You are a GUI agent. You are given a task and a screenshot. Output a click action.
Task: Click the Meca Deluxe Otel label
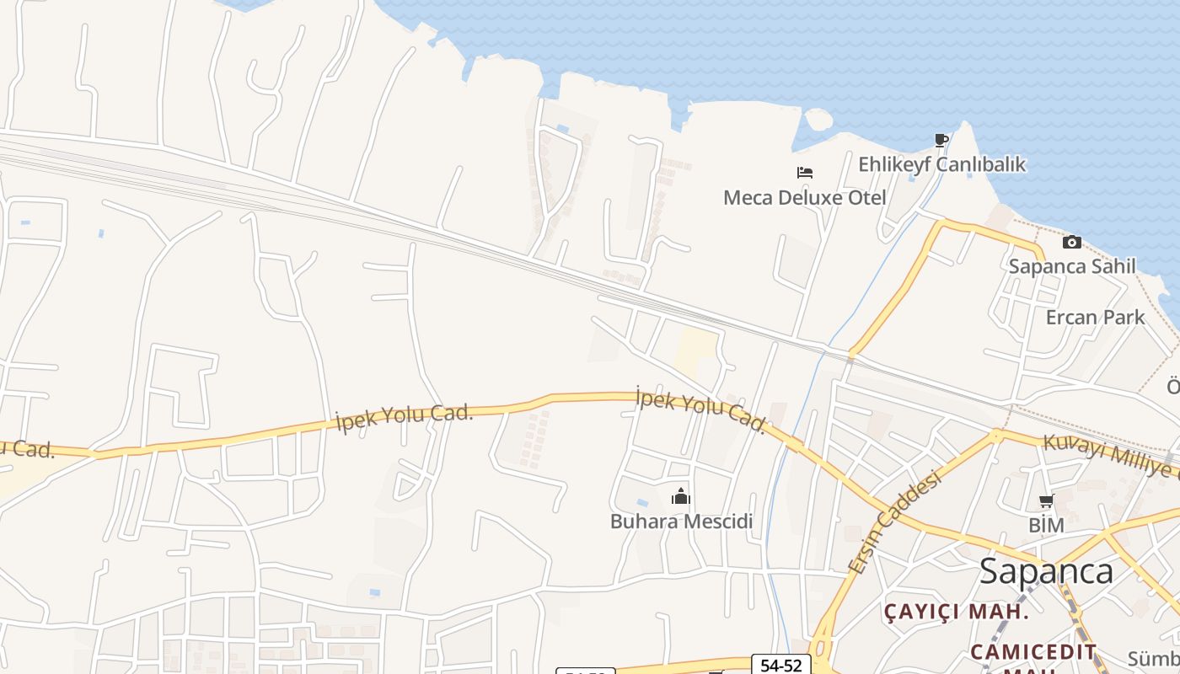click(x=804, y=198)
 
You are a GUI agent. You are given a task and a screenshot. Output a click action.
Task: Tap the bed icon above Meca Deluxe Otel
click(x=805, y=173)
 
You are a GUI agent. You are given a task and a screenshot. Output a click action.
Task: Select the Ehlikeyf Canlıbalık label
click(x=941, y=164)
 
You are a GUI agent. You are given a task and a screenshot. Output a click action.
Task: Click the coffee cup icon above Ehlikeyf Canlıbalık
click(x=941, y=140)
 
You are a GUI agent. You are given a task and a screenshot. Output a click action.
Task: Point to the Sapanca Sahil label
click(x=1072, y=266)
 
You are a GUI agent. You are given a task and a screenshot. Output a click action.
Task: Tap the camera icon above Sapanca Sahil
click(x=1072, y=243)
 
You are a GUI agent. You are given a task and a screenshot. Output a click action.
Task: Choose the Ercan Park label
click(x=1095, y=318)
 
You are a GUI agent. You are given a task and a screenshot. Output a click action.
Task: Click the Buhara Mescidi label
click(x=681, y=522)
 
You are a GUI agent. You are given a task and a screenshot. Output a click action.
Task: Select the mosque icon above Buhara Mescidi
click(x=681, y=497)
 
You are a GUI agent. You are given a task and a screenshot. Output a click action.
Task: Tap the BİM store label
click(x=1046, y=526)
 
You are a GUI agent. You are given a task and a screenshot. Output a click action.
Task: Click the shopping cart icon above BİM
click(x=1046, y=502)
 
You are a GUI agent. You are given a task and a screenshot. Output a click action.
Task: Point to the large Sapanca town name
click(x=1045, y=572)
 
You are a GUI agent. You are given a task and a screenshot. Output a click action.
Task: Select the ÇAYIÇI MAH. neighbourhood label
click(x=956, y=612)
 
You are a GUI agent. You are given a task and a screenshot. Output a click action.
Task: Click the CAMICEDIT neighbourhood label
click(x=1032, y=652)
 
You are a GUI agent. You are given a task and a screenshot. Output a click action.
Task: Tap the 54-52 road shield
click(x=780, y=665)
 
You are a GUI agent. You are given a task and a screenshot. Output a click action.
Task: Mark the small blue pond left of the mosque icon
click(x=642, y=503)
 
